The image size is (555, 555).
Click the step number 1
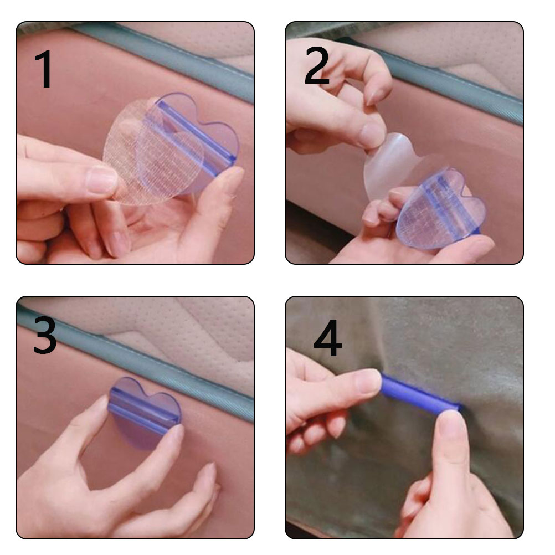click(x=44, y=69)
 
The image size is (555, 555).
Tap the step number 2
click(x=316, y=65)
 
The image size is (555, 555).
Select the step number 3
click(x=45, y=335)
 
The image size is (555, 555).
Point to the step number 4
click(x=328, y=338)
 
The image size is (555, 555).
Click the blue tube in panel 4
click(x=420, y=392)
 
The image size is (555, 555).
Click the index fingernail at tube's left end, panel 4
click(x=368, y=382)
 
